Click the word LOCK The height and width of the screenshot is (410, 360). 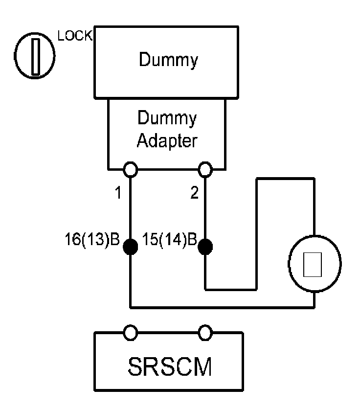pyautogui.click(x=75, y=37)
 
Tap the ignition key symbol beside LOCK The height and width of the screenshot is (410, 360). pyautogui.click(x=35, y=56)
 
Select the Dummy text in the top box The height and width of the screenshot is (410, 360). pyautogui.click(x=168, y=60)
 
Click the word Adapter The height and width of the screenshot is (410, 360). pyautogui.click(x=167, y=141)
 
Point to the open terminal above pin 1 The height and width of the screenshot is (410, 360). pyautogui.click(x=131, y=169)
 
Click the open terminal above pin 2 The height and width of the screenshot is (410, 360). pyautogui.click(x=205, y=169)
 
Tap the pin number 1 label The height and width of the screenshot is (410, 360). pyautogui.click(x=117, y=194)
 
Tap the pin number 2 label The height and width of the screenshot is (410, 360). pyautogui.click(x=194, y=194)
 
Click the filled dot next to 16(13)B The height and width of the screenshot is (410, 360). pyautogui.click(x=131, y=247)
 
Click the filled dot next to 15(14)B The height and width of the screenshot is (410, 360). pyautogui.click(x=205, y=247)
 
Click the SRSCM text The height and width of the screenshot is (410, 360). pyautogui.click(x=168, y=367)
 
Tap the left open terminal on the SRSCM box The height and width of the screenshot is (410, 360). pyautogui.click(x=131, y=333)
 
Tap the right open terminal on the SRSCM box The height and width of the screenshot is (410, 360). pyautogui.click(x=205, y=333)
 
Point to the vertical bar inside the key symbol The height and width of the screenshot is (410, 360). pyautogui.click(x=35, y=56)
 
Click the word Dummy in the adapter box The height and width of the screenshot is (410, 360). pyautogui.click(x=167, y=118)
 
